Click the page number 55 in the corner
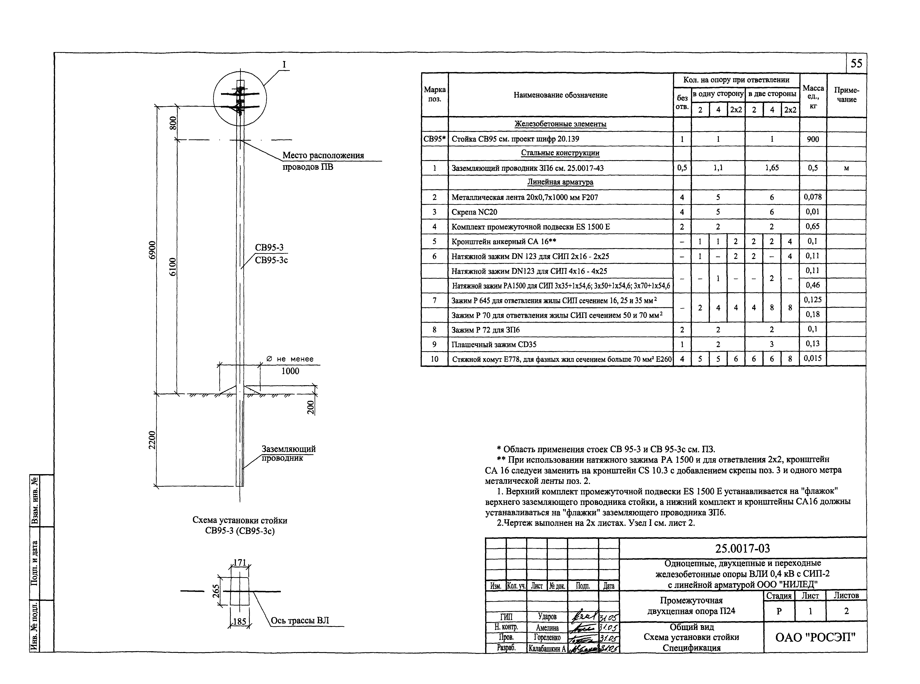tap(856, 63)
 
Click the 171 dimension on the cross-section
tap(240, 562)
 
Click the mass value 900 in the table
tap(813, 139)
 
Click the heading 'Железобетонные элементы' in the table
tap(560, 124)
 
